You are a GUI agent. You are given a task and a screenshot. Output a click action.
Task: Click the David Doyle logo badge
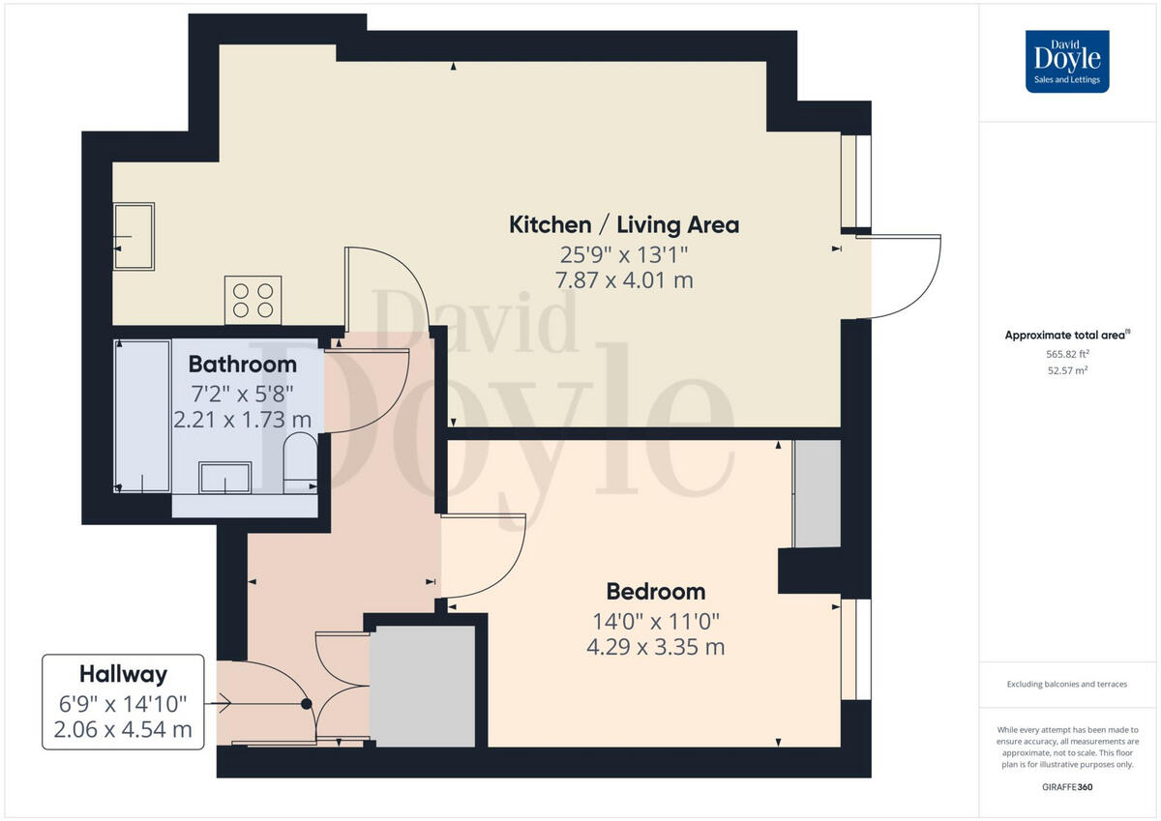coord(1067,61)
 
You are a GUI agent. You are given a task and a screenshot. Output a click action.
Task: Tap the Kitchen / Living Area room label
coord(624,225)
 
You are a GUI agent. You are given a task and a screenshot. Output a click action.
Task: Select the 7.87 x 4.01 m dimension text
coord(624,280)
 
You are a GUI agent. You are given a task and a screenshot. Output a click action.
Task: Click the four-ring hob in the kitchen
coord(253,300)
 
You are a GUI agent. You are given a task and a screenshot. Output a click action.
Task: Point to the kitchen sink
coord(134,236)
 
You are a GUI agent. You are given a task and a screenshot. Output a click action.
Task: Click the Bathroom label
coord(242,365)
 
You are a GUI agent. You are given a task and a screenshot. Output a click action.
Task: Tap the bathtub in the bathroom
coord(142,416)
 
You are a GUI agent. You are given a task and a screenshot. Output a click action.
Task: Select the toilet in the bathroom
coord(300,462)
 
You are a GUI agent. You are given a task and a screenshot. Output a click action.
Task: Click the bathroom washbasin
coord(224,477)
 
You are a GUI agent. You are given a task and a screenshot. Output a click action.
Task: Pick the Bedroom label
coord(655,591)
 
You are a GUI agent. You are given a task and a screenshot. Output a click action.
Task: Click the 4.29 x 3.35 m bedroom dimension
coord(655,647)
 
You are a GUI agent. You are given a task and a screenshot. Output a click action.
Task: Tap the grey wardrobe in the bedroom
coord(817,494)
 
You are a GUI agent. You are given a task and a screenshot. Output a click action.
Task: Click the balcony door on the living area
coord(905,277)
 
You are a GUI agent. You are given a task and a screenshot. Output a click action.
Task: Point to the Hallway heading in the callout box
coord(123,674)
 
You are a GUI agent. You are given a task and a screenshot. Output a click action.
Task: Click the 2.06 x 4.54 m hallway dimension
coord(123,729)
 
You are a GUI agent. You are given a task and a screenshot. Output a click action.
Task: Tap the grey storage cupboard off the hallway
coord(423,686)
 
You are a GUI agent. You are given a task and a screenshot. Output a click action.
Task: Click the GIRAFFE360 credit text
coord(1067,787)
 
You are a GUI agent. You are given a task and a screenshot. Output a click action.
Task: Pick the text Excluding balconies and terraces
coord(1067,684)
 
